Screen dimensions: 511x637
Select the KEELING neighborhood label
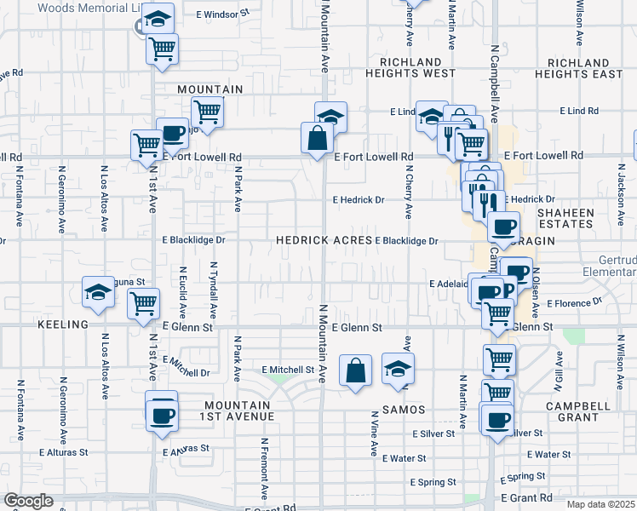point(63,325)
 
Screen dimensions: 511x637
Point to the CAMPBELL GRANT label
point(582,412)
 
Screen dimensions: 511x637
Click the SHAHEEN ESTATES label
point(581,217)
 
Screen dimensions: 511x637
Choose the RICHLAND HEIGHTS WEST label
point(411,68)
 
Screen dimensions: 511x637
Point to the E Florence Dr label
point(574,302)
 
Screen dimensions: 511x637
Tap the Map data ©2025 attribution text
point(601,504)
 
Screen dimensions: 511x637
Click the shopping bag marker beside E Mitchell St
point(355,371)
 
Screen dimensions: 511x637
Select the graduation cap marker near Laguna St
point(98,291)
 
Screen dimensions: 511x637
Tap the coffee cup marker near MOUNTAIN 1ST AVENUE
point(161,416)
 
